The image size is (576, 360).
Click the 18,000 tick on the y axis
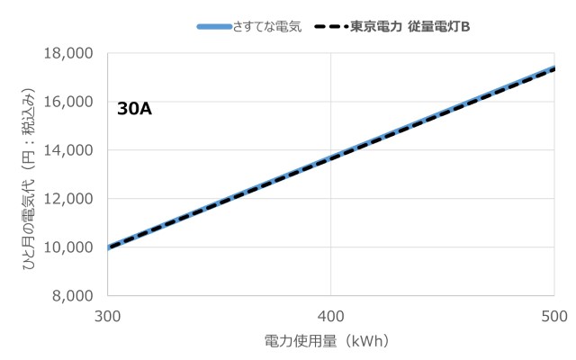click(69, 53)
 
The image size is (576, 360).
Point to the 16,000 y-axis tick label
click(69, 102)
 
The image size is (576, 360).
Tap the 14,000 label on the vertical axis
click(69, 150)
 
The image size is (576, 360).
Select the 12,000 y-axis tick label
click(69, 199)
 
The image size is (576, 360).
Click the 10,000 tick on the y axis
click(69, 247)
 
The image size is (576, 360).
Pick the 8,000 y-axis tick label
click(73, 296)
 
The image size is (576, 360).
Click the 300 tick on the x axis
click(107, 315)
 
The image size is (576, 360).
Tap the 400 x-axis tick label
click(331, 315)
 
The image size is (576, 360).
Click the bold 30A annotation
click(134, 109)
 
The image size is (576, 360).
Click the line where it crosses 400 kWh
click(331, 158)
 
